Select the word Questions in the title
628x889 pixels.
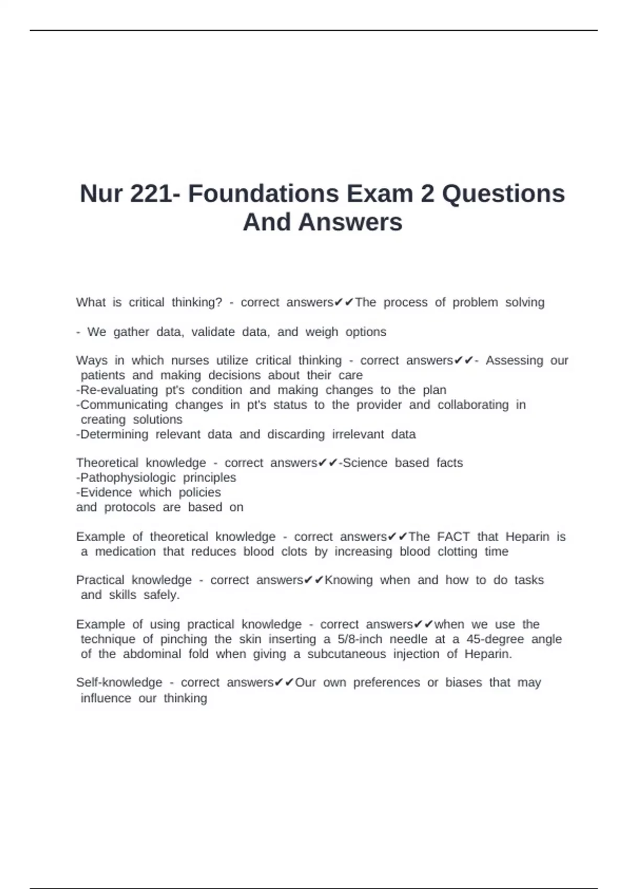click(503, 193)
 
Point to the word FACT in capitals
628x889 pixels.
click(453, 537)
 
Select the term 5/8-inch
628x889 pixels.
click(360, 639)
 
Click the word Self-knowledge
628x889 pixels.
click(119, 682)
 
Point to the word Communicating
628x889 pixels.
click(124, 405)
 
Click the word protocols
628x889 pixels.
click(130, 507)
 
